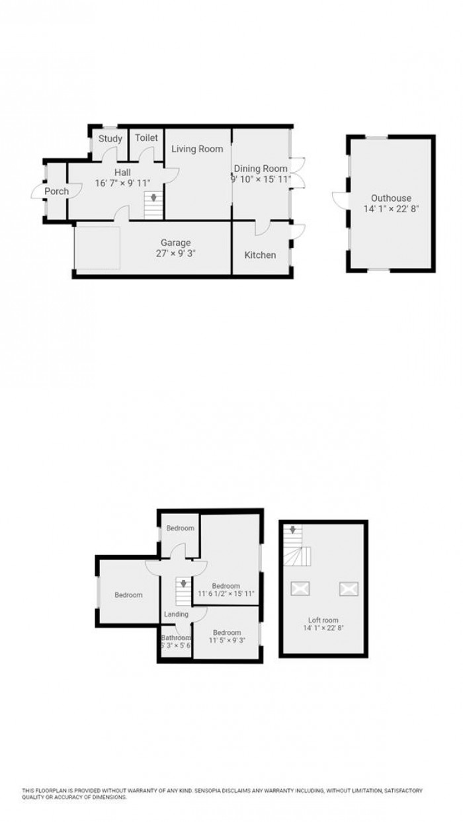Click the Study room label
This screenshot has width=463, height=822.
pyautogui.click(x=110, y=139)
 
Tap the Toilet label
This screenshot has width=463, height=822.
pyautogui.click(x=146, y=138)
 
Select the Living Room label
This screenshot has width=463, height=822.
pyautogui.click(x=197, y=149)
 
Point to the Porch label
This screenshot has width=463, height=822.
pyautogui.click(x=57, y=192)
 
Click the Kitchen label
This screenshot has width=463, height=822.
pyautogui.click(x=260, y=255)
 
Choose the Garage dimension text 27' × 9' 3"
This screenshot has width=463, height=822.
pyautogui.click(x=175, y=253)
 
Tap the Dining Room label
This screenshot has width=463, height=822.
pyautogui.click(x=261, y=169)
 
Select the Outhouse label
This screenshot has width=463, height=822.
pyautogui.click(x=391, y=198)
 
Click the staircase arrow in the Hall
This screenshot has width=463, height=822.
pyautogui.click(x=153, y=197)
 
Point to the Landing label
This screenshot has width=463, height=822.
pyautogui.click(x=177, y=614)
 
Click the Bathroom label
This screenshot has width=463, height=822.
pyautogui.click(x=176, y=637)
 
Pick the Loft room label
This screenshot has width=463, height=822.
pyautogui.click(x=321, y=620)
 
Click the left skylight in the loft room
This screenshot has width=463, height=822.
pyautogui.click(x=299, y=587)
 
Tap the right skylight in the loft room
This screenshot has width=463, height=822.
pyautogui.click(x=347, y=587)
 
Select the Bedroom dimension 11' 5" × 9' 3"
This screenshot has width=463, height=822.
pyautogui.click(x=227, y=640)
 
